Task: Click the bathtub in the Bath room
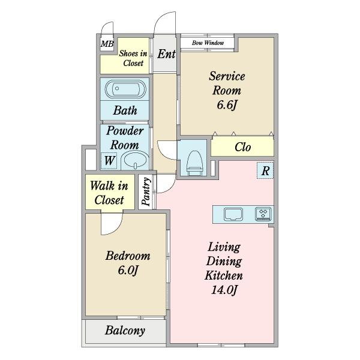(125, 89)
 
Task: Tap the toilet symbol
(194, 163)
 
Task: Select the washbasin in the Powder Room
(135, 160)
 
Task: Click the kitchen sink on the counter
(233, 214)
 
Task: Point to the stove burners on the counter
(263, 214)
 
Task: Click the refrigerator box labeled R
(265, 170)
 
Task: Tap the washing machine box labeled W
(109, 161)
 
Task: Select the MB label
(107, 44)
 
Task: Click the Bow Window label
(208, 43)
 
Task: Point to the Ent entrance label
(166, 54)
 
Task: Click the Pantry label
(146, 192)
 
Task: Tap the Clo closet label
(242, 147)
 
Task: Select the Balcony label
(125, 331)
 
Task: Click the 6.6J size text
(227, 105)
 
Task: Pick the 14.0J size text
(224, 290)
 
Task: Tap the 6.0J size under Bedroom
(128, 270)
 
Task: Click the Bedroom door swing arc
(117, 228)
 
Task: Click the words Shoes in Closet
(133, 58)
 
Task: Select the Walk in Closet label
(109, 193)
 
